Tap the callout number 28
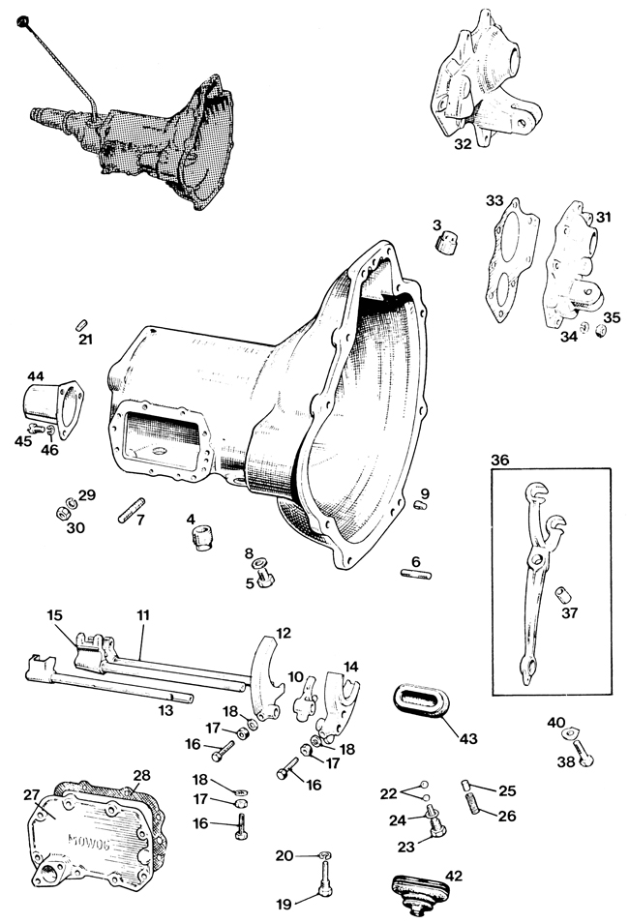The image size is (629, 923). click(141, 777)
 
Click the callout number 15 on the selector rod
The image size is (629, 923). click(54, 615)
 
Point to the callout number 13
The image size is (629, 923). click(165, 709)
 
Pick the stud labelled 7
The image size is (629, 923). click(131, 510)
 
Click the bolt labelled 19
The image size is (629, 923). click(327, 875)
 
